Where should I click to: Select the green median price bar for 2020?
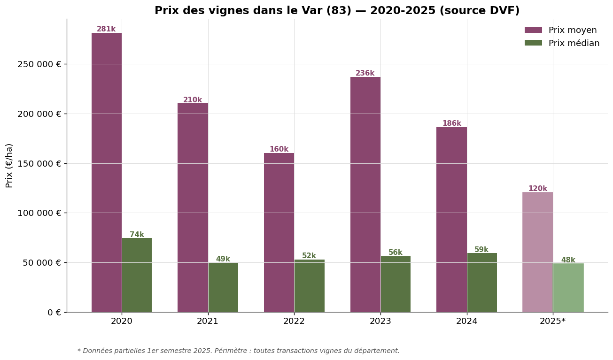[x=137, y=275]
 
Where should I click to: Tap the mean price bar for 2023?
[x=365, y=194]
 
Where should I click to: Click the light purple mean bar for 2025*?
[x=537, y=252]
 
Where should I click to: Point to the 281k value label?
[x=106, y=29]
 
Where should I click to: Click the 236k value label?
[x=365, y=73]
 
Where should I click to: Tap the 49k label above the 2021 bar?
[x=223, y=259]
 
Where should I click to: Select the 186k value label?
[x=451, y=123]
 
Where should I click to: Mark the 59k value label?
[x=481, y=250]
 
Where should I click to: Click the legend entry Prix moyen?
[x=572, y=30]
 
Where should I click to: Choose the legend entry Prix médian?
[x=574, y=43]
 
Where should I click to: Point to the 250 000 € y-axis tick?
[x=39, y=64]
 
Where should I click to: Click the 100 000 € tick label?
[x=39, y=213]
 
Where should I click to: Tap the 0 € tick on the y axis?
[x=54, y=313]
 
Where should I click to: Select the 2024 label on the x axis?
[x=466, y=322]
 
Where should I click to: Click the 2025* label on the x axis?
[x=552, y=322]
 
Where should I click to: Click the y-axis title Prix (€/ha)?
[x=9, y=165]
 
